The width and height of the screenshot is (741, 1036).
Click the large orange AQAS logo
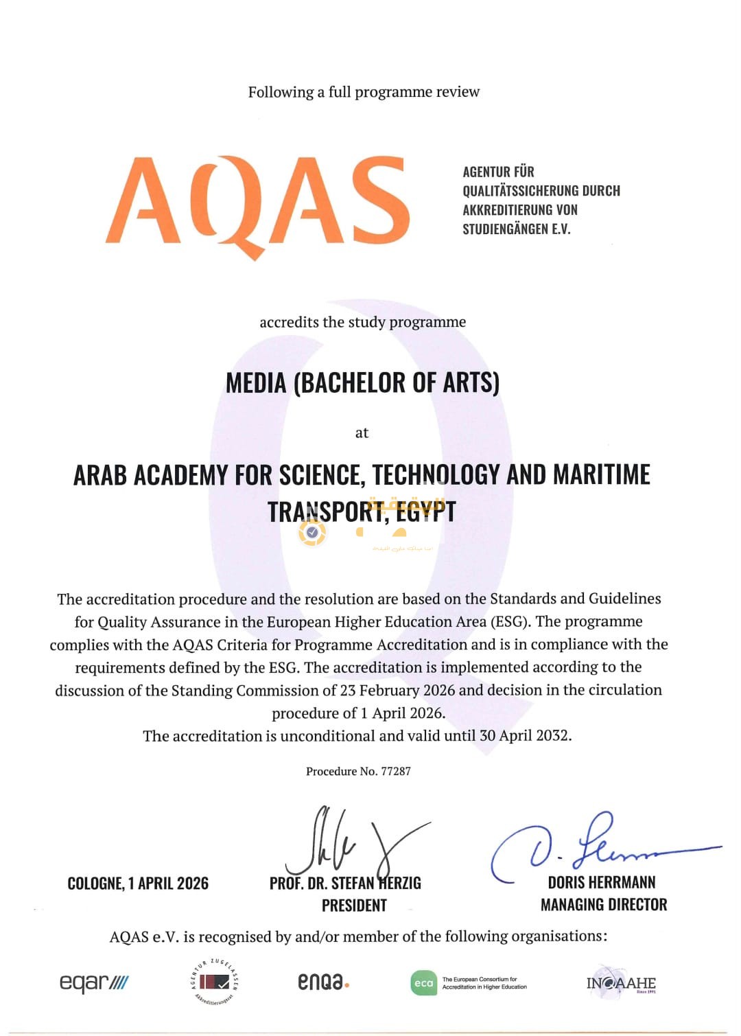tap(257, 203)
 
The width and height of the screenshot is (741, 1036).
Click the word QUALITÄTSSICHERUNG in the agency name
tap(519, 191)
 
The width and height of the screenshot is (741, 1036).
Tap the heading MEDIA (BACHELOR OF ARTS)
tap(362, 383)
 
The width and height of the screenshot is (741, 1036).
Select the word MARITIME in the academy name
tap(601, 475)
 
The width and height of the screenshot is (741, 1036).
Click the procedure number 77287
tap(396, 771)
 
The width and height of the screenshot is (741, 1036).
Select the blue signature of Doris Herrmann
tap(590, 848)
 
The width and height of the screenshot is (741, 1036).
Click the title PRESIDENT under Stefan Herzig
tap(354, 906)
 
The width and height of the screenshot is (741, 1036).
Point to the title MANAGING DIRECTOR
tap(604, 905)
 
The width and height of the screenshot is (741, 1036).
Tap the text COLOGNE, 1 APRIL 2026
tap(138, 884)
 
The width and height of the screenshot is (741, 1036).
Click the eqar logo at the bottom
tap(93, 982)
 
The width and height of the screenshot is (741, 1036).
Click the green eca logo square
tap(423, 983)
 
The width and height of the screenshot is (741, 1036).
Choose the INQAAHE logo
tap(621, 982)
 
